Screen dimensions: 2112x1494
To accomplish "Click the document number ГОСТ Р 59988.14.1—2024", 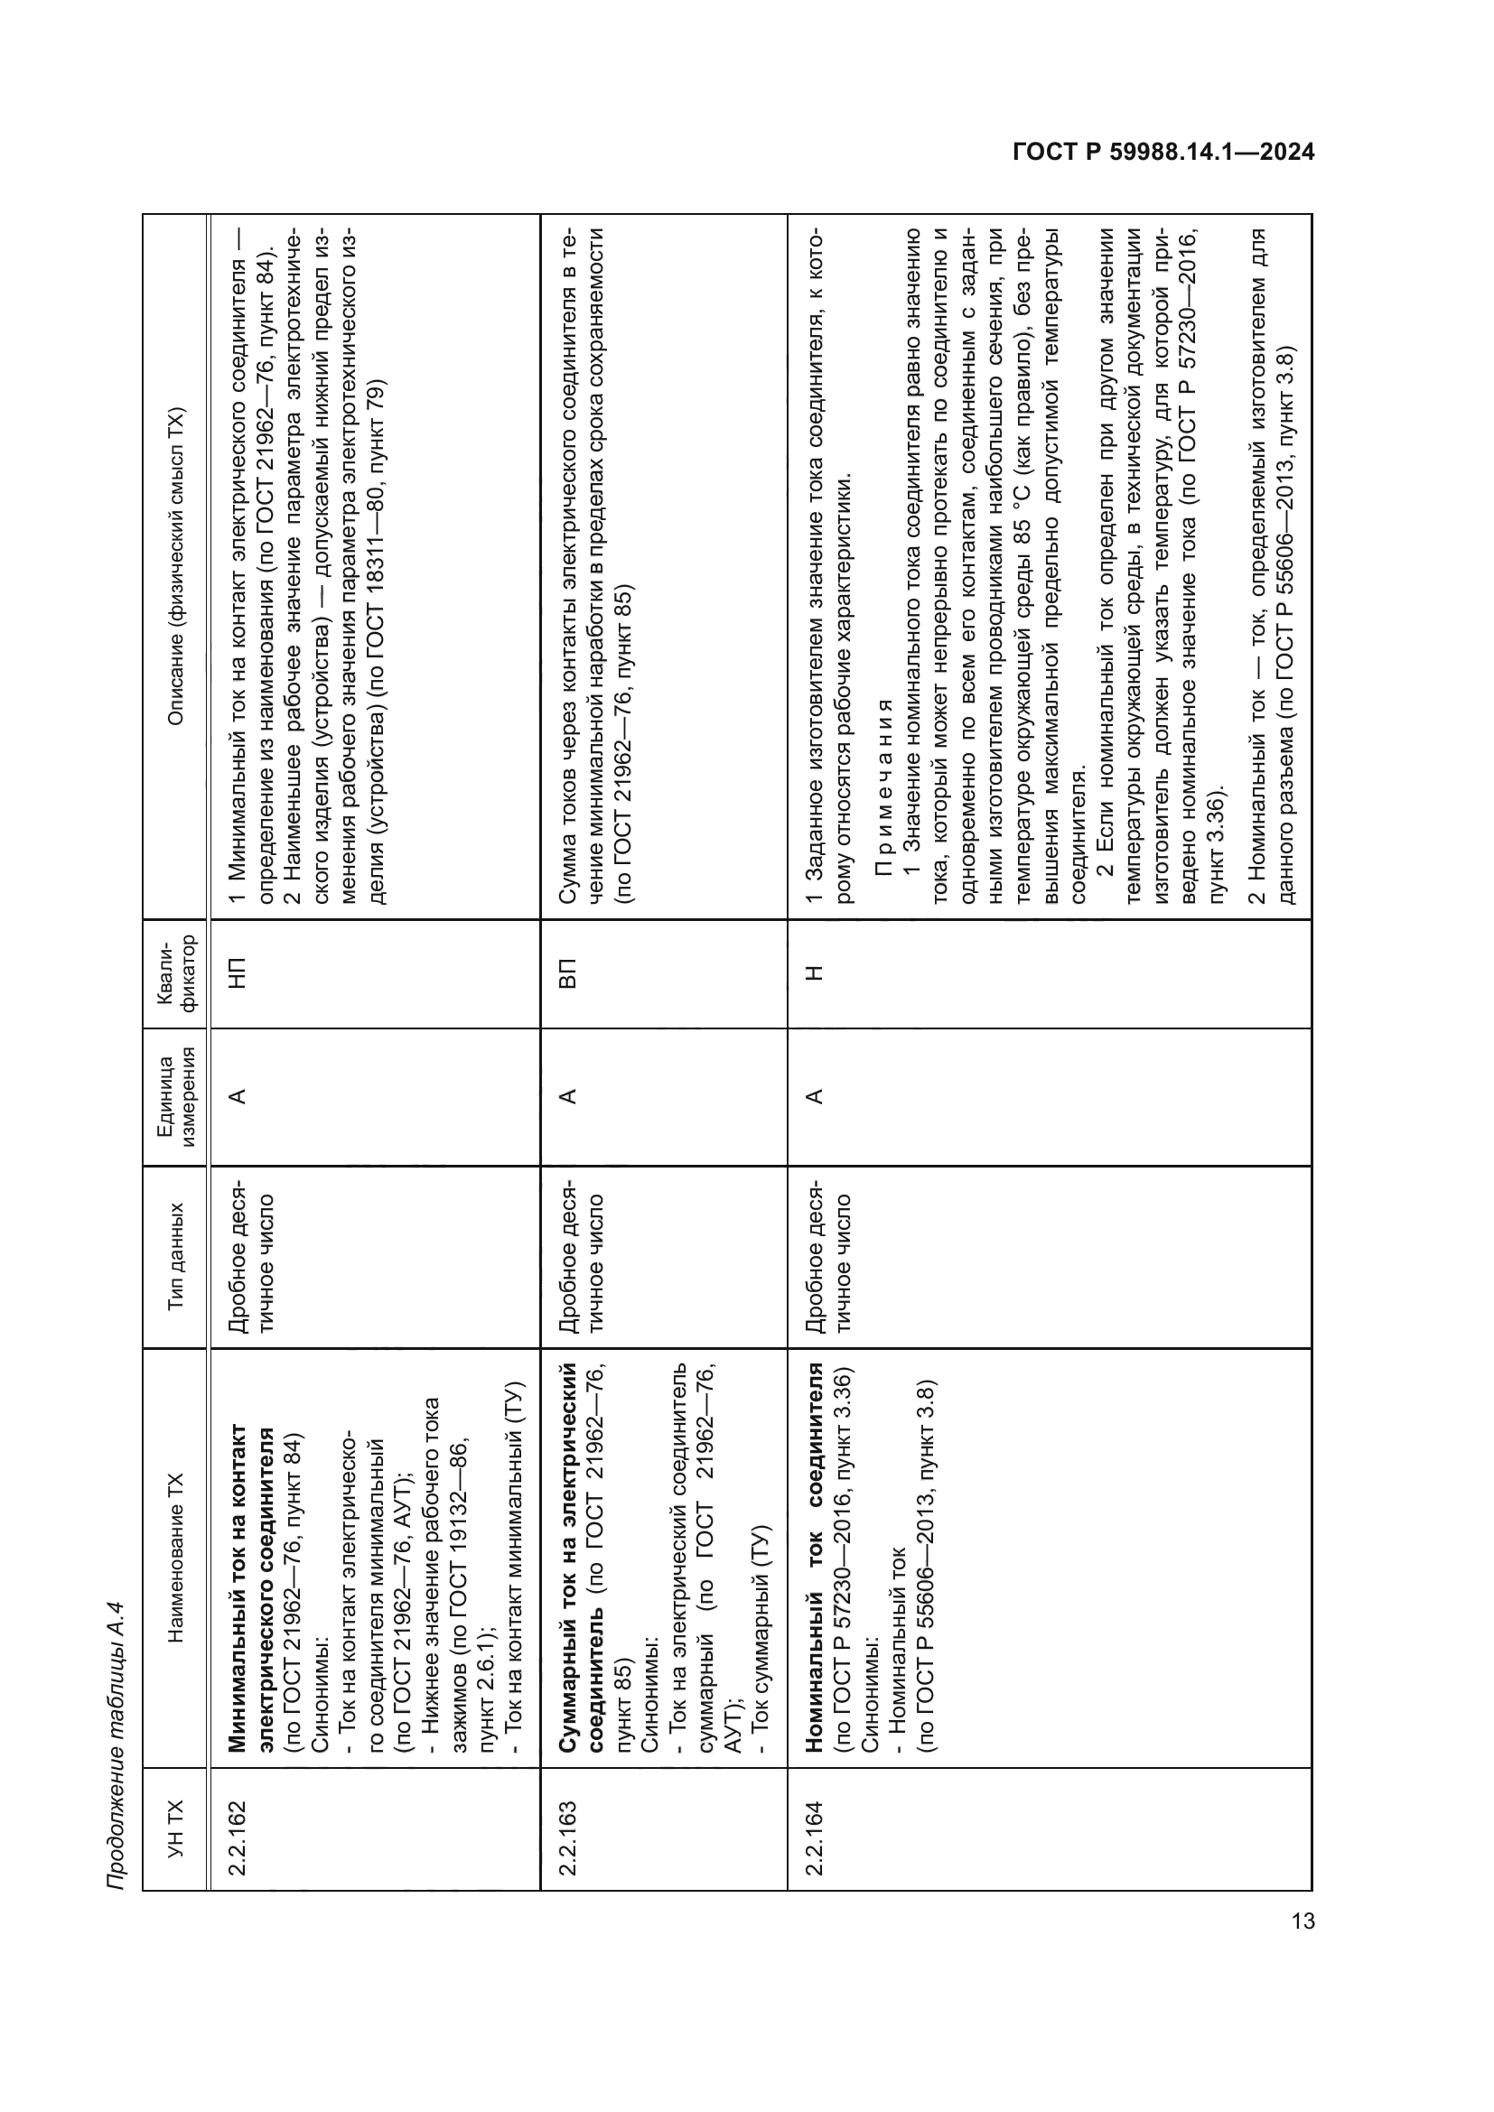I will pyautogui.click(x=1163, y=152).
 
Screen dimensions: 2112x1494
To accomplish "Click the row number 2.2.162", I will pyautogui.click(x=238, y=1828).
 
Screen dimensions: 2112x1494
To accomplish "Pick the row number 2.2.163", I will pyautogui.click(x=566, y=1828).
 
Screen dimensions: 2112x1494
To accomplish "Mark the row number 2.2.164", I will pyautogui.click(x=813, y=1828).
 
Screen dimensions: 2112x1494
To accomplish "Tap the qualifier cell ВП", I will pyautogui.click(x=566, y=973).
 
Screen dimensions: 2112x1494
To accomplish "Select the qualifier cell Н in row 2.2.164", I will pyautogui.click(x=813, y=973).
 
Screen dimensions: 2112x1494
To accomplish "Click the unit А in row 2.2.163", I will pyautogui.click(x=566, y=1096).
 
